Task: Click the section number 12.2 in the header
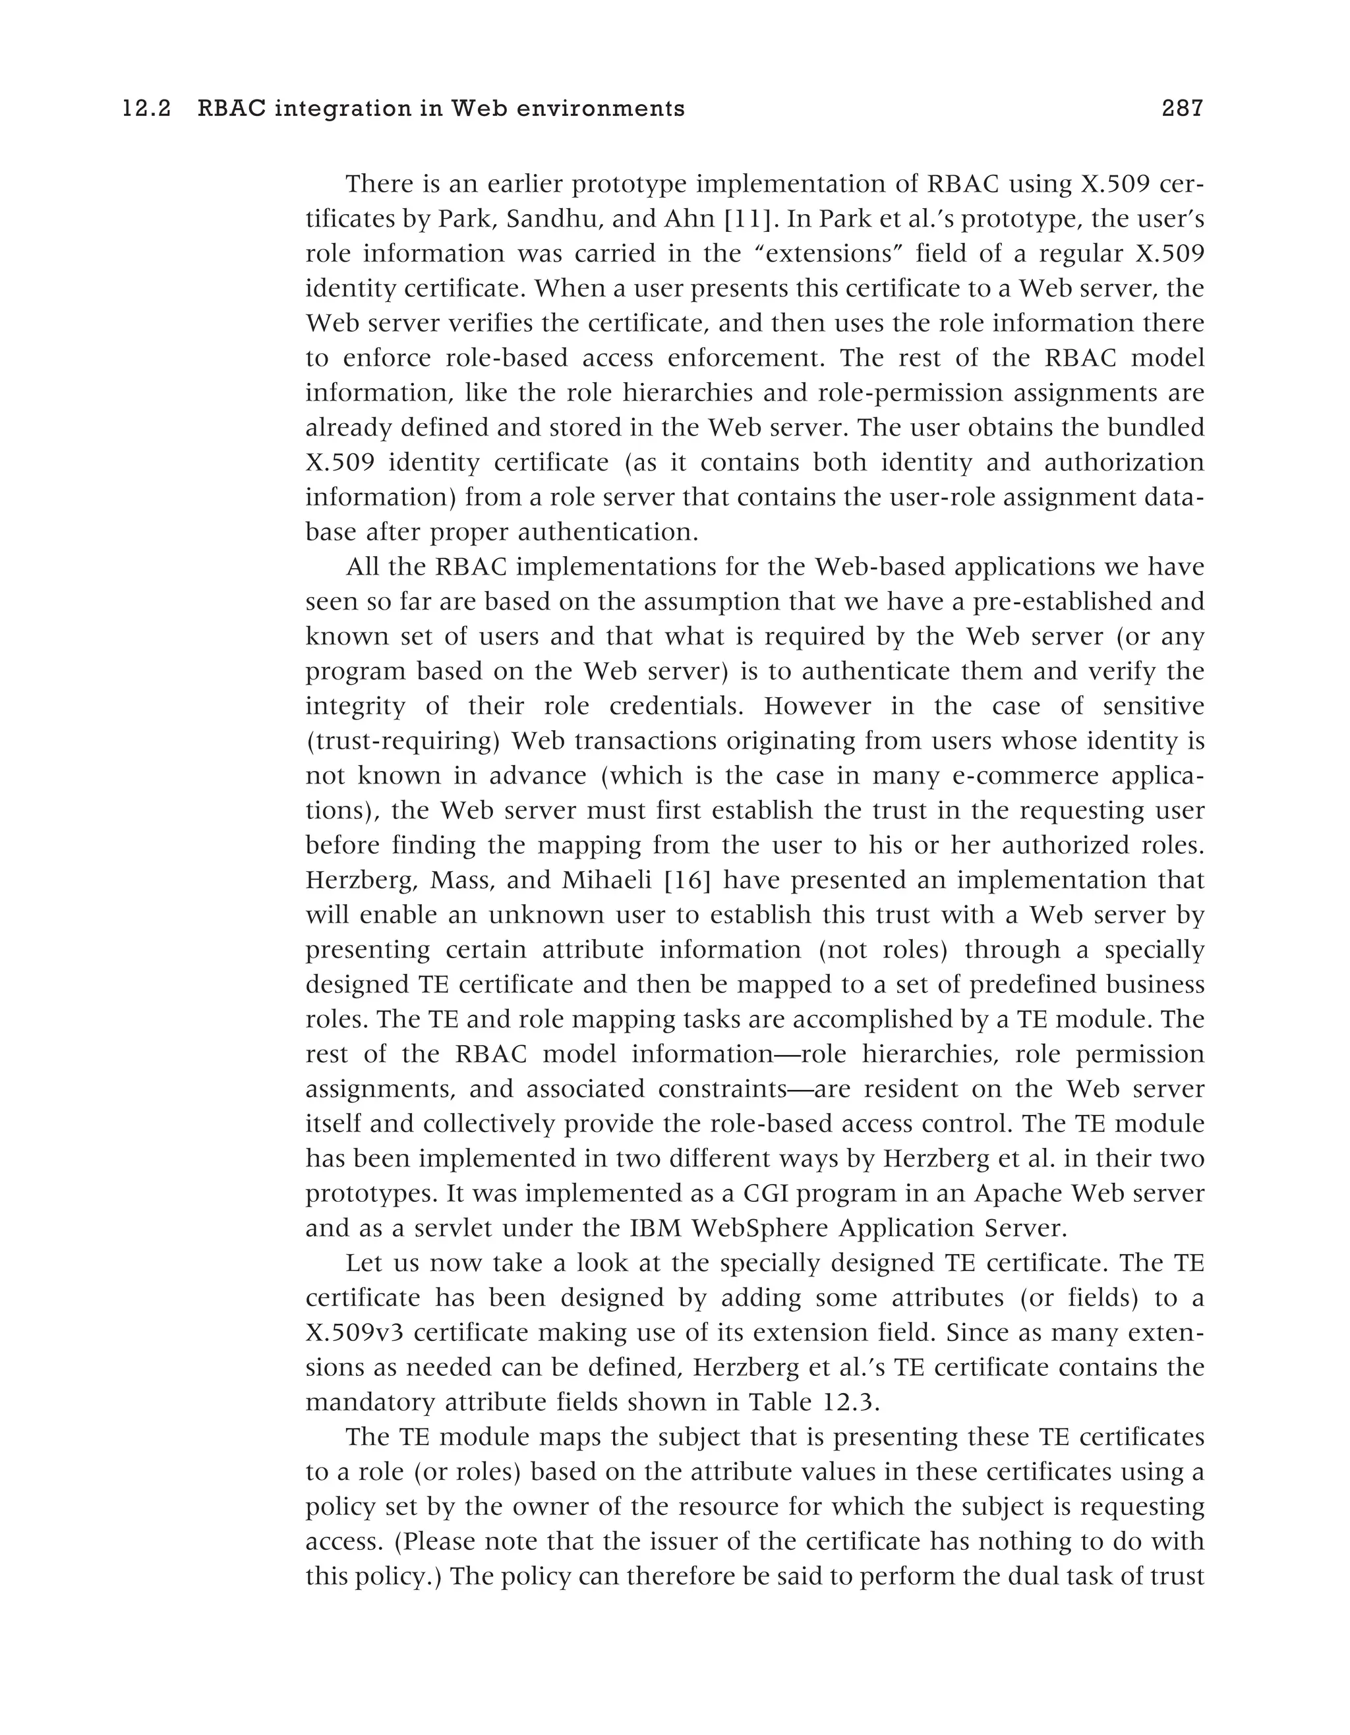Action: coord(147,109)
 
